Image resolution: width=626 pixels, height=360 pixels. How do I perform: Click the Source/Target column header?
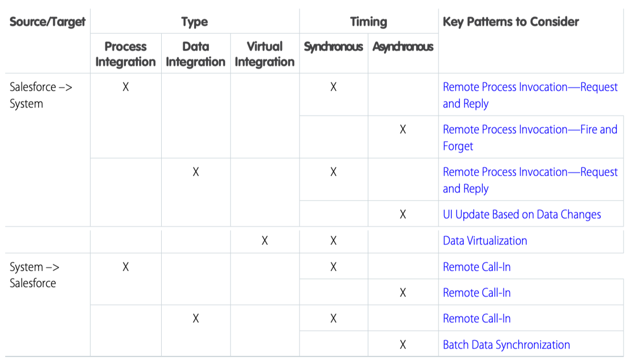click(48, 22)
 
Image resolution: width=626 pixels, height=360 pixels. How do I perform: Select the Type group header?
click(195, 22)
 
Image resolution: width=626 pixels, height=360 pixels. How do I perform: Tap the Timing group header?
click(369, 22)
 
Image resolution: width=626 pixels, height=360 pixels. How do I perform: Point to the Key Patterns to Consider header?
click(511, 22)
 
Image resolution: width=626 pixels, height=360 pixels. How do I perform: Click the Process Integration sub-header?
click(125, 54)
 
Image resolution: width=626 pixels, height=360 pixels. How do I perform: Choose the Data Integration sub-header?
click(196, 54)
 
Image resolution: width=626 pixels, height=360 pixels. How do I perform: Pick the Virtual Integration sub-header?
click(265, 54)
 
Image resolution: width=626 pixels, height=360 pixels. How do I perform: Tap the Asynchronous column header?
click(403, 47)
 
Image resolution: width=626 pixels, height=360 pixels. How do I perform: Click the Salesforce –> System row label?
click(41, 95)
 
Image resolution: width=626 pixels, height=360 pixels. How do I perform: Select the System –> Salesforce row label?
click(34, 275)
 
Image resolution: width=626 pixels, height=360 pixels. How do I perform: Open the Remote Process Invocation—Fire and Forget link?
click(530, 138)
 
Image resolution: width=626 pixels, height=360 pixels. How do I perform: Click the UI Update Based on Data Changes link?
click(522, 214)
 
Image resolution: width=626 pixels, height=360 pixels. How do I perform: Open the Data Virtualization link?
click(485, 241)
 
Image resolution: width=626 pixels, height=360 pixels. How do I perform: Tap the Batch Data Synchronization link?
click(506, 345)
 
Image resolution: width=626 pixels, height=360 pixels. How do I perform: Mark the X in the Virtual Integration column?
click(265, 241)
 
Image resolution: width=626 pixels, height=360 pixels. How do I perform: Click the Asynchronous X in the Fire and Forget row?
click(403, 129)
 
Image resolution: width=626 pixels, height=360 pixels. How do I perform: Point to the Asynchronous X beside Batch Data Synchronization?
click(403, 345)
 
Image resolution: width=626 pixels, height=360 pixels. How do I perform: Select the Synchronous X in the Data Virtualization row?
click(334, 241)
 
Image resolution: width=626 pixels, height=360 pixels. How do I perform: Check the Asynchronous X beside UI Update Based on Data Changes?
click(403, 214)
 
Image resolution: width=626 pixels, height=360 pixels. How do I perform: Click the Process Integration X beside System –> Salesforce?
click(126, 267)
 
